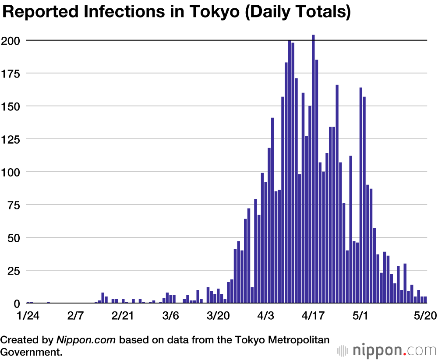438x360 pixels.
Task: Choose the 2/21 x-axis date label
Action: (123, 316)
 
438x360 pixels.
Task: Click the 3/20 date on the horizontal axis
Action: (218, 316)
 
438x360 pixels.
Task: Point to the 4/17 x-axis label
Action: (313, 316)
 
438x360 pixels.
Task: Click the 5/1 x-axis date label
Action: (361, 316)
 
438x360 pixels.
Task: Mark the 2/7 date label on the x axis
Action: (76, 316)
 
